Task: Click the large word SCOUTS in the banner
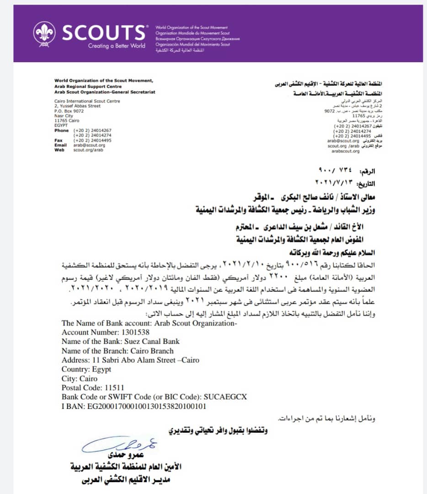coord(103,32)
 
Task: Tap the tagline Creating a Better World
coord(117,46)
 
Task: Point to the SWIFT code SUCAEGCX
coord(225,397)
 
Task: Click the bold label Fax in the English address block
coord(58,140)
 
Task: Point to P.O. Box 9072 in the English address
coord(69,111)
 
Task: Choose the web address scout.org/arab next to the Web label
coord(86,150)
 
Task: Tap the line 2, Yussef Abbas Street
coord(77,106)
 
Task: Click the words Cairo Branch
coord(151,351)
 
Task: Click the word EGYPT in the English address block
coord(60,125)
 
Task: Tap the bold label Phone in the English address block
coord(61,130)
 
